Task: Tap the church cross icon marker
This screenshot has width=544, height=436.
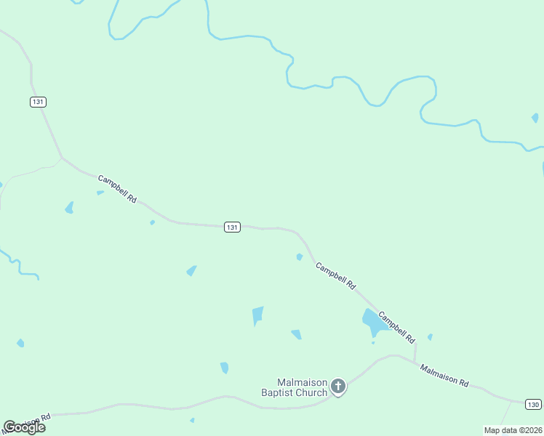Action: pos(337,387)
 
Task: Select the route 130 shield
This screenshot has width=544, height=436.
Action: pos(534,404)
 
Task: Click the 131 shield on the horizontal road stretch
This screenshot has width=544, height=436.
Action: pos(232,227)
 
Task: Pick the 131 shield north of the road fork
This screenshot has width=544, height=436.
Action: pos(39,102)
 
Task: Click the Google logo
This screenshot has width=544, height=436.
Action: pos(24,427)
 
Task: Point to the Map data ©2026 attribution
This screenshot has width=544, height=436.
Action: pos(513,430)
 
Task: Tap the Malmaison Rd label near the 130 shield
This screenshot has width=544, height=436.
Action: pos(444,375)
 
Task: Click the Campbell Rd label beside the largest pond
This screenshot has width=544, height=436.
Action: pos(396,327)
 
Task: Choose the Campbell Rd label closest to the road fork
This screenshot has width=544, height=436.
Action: pos(117,188)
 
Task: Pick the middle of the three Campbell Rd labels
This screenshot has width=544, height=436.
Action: pos(335,276)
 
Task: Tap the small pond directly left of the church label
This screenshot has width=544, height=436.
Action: pos(224,368)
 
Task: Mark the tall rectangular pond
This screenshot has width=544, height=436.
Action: pos(257,315)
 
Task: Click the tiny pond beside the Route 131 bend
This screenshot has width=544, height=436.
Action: pos(299,257)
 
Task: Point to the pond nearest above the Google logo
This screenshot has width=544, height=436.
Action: pos(20,343)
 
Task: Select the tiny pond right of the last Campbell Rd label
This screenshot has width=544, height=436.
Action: pos(430,336)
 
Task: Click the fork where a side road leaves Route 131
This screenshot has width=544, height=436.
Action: pos(63,158)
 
